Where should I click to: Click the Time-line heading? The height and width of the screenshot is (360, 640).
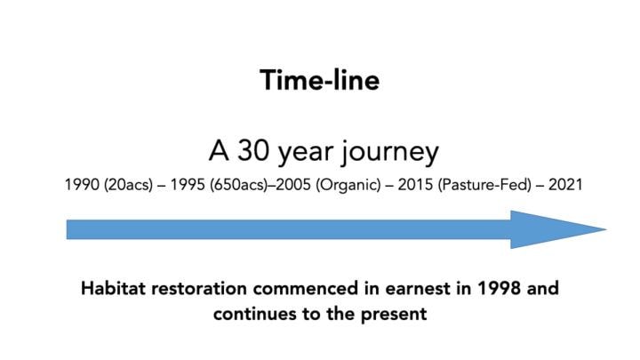pos(320,80)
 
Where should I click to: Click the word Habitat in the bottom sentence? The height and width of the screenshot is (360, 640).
pos(112,290)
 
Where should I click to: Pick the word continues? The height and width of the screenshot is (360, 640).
pos(255,314)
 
